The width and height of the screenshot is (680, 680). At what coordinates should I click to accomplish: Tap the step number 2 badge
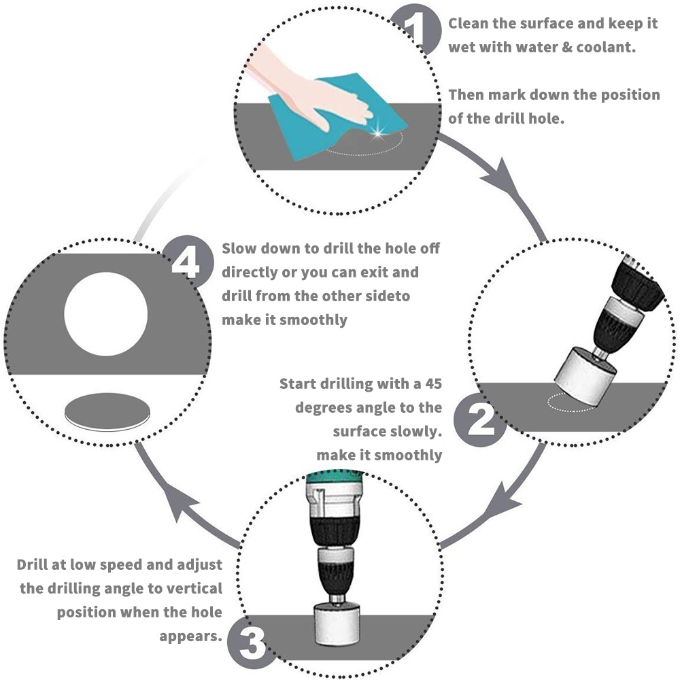click(479, 419)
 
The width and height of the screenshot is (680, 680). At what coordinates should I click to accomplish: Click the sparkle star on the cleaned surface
click(377, 133)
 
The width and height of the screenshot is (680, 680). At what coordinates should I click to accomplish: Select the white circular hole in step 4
click(106, 314)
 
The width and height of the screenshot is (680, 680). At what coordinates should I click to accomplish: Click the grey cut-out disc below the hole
click(107, 412)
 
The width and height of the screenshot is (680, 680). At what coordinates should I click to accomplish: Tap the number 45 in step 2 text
click(433, 384)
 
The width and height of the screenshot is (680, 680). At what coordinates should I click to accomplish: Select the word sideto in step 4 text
click(388, 296)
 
